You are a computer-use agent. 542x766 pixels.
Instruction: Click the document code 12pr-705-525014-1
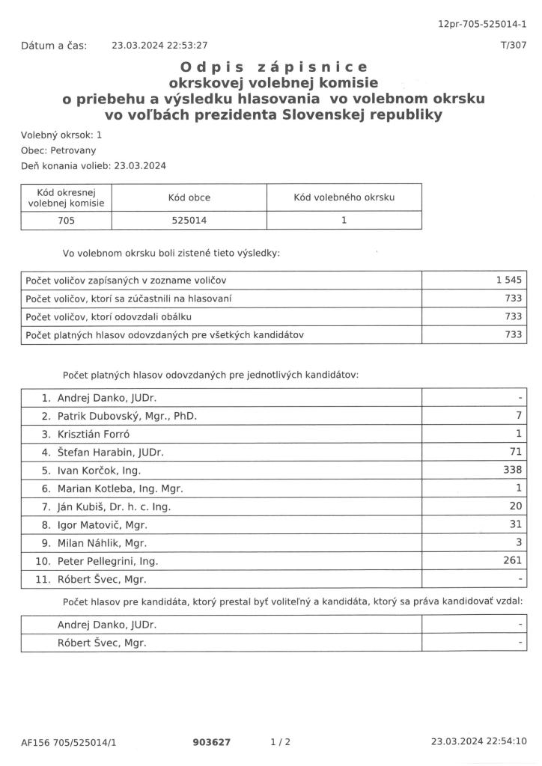coord(482,25)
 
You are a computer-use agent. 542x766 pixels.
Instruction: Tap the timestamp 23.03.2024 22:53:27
coord(159,45)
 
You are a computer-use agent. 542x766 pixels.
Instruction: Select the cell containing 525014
coord(189,221)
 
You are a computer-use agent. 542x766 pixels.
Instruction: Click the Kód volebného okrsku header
coord(344,197)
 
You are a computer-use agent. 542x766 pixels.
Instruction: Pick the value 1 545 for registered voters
coord(508,280)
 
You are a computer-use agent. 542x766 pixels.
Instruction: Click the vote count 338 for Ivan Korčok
coord(511,471)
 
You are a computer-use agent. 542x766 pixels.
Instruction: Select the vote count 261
coord(511,560)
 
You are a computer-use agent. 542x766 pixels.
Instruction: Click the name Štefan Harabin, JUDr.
coord(111,453)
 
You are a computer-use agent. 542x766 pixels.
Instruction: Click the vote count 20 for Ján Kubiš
coord(514,506)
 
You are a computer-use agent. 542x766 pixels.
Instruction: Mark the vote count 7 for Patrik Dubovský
coord(518,416)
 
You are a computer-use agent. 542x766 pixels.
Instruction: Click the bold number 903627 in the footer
coord(212,742)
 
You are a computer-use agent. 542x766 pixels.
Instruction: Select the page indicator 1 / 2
coord(280,742)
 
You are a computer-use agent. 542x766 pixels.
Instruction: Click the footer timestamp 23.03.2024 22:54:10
coord(479,742)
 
